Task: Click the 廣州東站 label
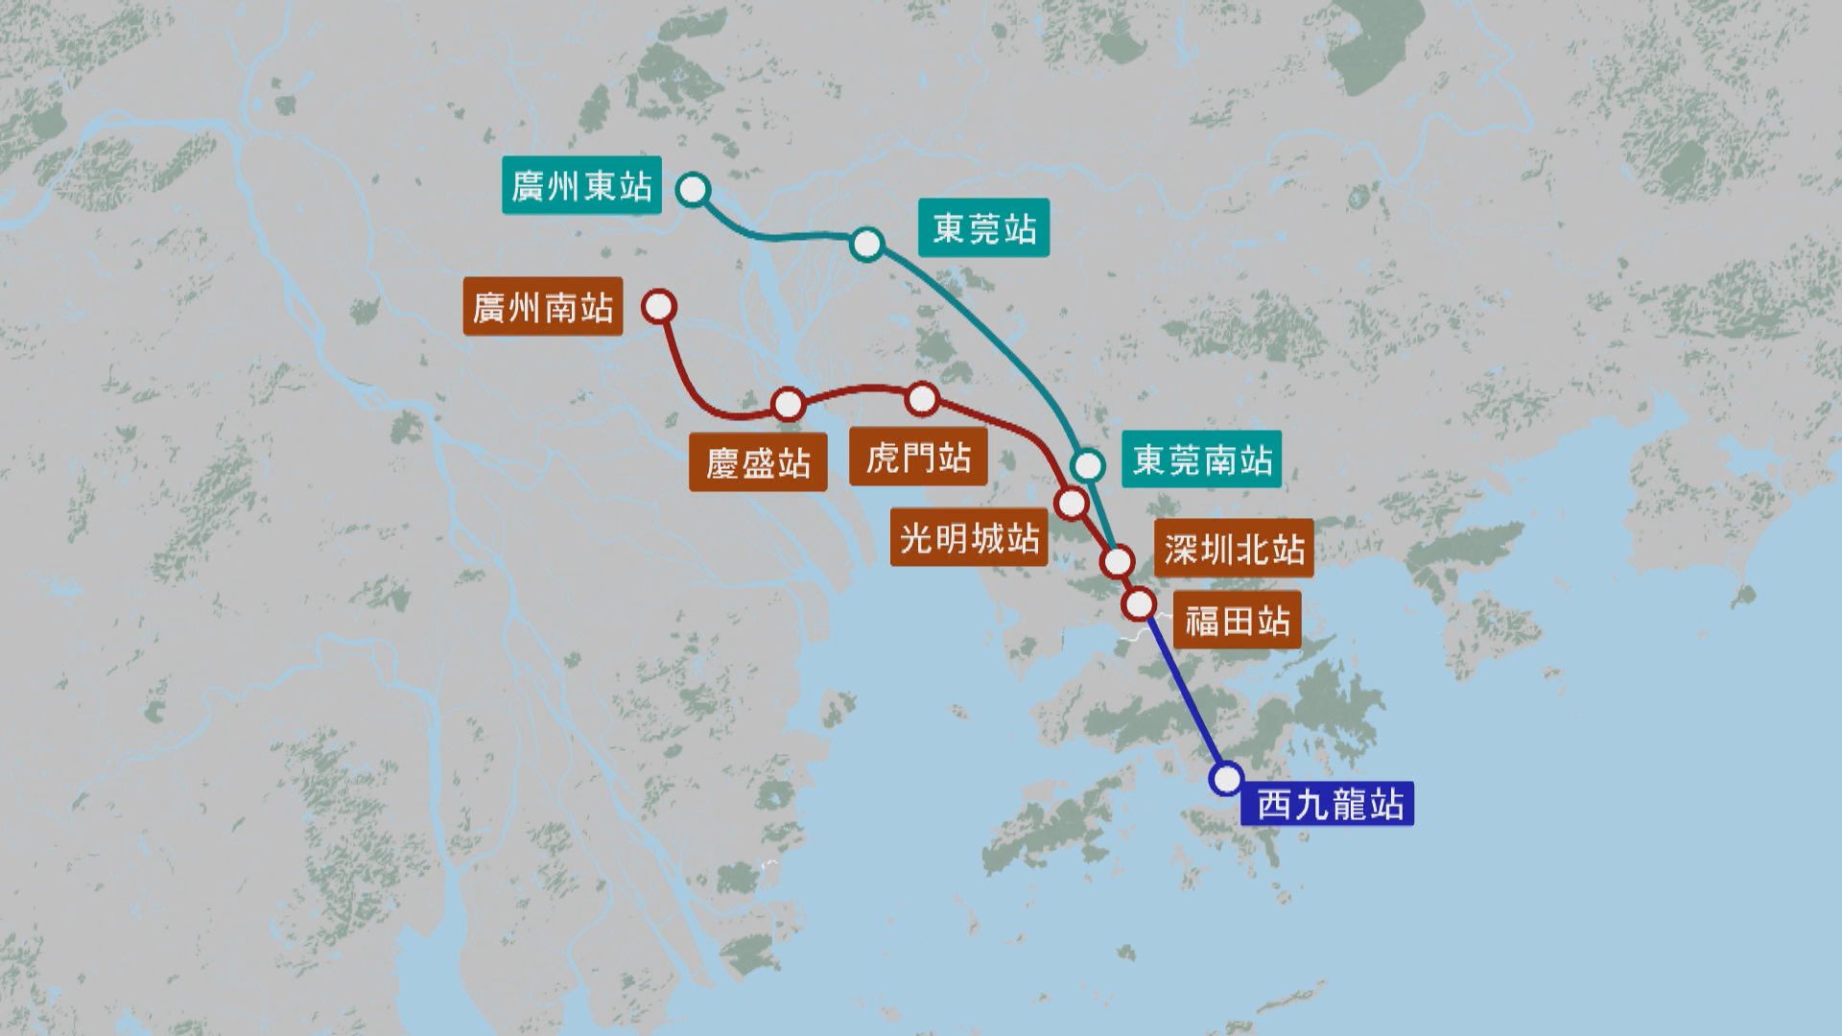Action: tap(581, 186)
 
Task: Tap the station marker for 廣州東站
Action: tap(693, 190)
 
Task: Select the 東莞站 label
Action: tap(983, 228)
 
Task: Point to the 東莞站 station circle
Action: tap(866, 244)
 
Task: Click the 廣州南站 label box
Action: tap(542, 307)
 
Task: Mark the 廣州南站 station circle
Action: tap(660, 307)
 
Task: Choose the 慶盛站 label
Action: tap(758, 463)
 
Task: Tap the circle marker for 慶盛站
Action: tap(789, 405)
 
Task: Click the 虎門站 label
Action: tap(918, 458)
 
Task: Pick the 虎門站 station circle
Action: tap(922, 399)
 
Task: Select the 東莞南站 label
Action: tap(1201, 460)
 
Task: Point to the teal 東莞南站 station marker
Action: tap(1088, 465)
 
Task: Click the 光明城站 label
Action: tap(969, 538)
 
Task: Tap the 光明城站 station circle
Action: tap(1071, 502)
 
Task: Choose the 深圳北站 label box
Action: tap(1234, 549)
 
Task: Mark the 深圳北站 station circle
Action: tap(1118, 561)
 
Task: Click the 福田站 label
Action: tap(1237, 621)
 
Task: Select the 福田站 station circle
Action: tap(1140, 603)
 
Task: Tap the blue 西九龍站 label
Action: tap(1328, 804)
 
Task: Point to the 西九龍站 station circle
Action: tap(1227, 778)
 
